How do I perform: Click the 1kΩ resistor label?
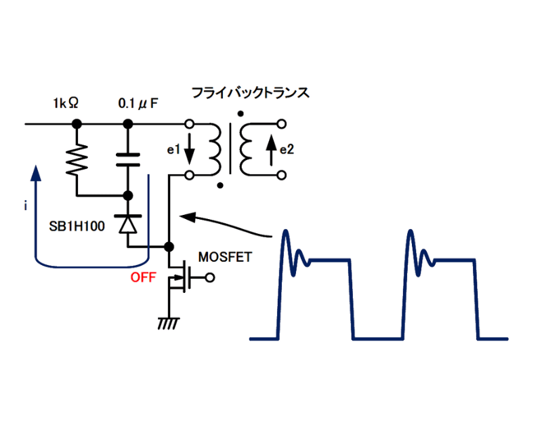pos(66,104)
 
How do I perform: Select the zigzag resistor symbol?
pos(77,160)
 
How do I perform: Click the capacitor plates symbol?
pos(128,160)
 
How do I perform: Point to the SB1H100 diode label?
pos(77,226)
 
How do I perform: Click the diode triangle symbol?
pos(128,223)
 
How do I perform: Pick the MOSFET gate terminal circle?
pos(210,277)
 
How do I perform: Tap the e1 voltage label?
pos(173,150)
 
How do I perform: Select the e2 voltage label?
pos(288,150)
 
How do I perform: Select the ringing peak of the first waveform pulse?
pos(285,233)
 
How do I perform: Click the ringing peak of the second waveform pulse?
pos(411,233)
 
